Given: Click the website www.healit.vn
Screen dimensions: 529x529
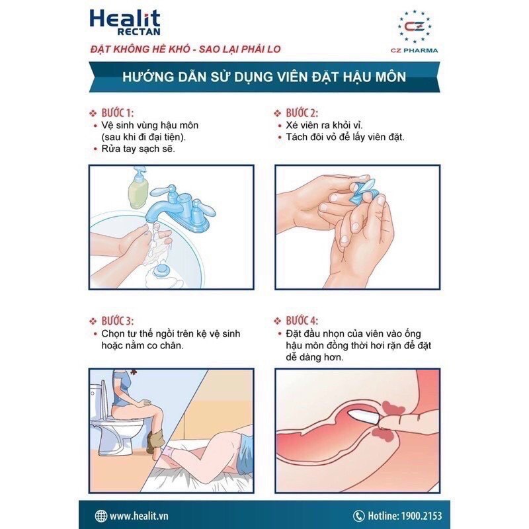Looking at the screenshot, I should [x=142, y=515].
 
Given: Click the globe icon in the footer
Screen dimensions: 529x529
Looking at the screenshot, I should [x=101, y=515].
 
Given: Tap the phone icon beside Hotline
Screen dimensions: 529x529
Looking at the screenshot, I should [x=359, y=515].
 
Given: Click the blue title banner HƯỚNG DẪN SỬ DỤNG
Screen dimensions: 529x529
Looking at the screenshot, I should [x=264, y=77].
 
